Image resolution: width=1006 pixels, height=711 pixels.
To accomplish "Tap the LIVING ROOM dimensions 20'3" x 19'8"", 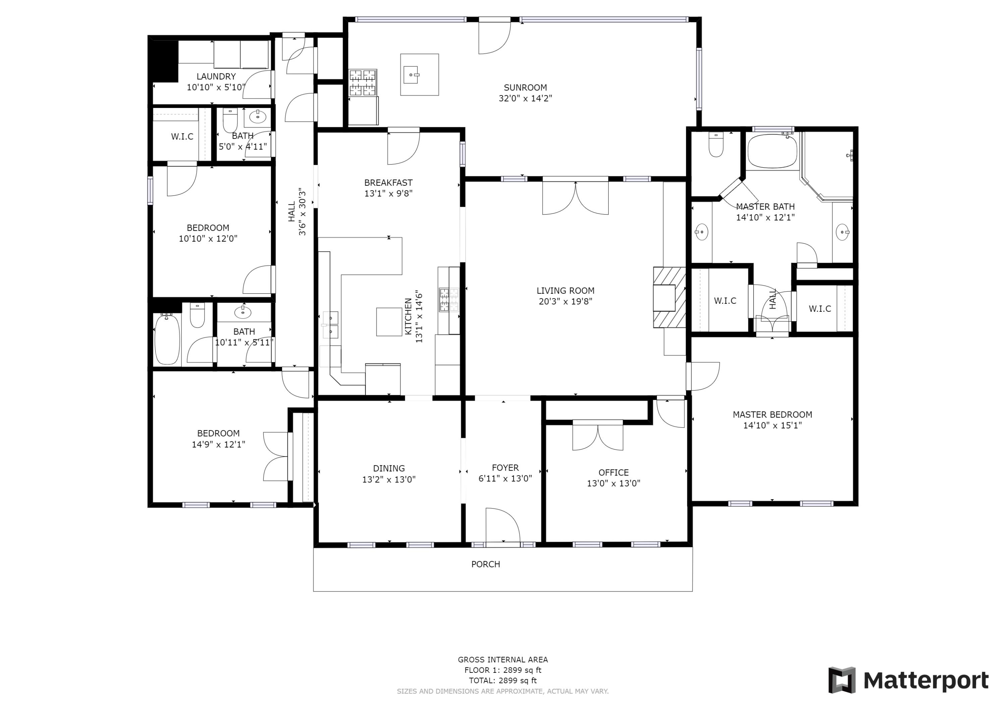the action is [x=565, y=301].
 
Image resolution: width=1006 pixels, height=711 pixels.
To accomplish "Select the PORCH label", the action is [x=486, y=564].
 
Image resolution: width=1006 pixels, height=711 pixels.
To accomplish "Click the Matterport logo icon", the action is [x=842, y=680].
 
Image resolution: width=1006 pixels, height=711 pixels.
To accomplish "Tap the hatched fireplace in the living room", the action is [x=669, y=297].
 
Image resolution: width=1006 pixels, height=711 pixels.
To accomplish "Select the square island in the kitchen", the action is [x=389, y=321].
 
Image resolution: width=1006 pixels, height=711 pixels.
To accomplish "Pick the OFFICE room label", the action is [x=613, y=473].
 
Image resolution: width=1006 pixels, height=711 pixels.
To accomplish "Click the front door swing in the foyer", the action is [x=503, y=527].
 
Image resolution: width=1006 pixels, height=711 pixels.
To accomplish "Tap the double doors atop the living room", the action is [x=575, y=197].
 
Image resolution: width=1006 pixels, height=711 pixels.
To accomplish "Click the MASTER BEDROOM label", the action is [x=773, y=414].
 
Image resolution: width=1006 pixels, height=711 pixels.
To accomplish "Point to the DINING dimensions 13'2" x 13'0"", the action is [x=389, y=479].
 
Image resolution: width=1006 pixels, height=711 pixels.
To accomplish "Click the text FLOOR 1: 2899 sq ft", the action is [x=503, y=670].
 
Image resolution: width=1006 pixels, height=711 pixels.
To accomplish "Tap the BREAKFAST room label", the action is [x=388, y=183].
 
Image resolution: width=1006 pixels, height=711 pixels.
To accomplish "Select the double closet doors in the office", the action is [x=598, y=436].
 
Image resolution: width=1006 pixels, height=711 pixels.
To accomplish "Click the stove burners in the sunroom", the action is [x=363, y=82].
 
